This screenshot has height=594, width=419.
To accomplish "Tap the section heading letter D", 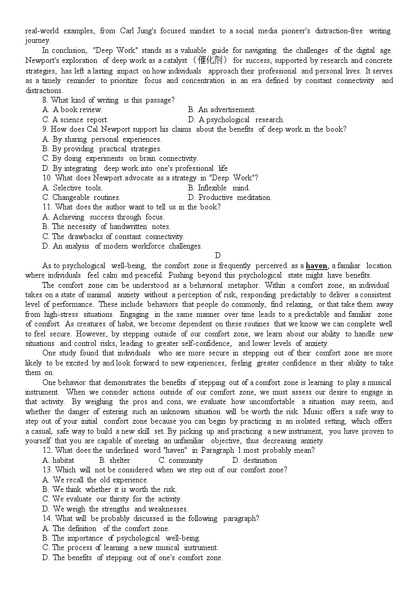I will [x=218, y=256].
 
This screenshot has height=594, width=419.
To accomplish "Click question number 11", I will [x=47, y=207].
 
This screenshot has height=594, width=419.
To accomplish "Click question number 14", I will [x=47, y=518].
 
